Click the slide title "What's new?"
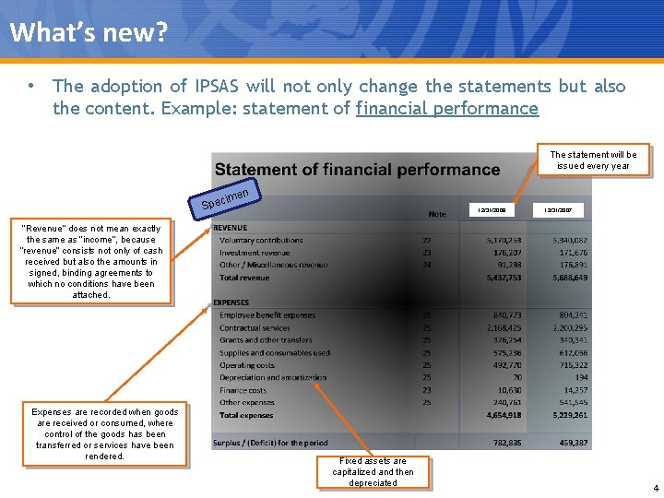pyautogui.click(x=89, y=33)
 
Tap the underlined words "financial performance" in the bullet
pyautogui.click(x=446, y=109)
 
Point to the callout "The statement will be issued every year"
pyautogui.click(x=593, y=160)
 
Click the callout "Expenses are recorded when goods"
pyautogui.click(x=104, y=434)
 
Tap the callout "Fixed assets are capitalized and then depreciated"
pyautogui.click(x=373, y=471)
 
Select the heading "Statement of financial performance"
pyautogui.click(x=357, y=170)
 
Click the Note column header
pyautogui.click(x=436, y=214)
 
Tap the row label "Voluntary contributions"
pyautogui.click(x=261, y=241)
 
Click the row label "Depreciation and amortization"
pyautogui.click(x=273, y=377)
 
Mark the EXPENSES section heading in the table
pyautogui.click(x=231, y=302)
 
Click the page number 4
pyautogui.click(x=655, y=488)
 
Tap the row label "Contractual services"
pyautogui.click(x=255, y=327)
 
